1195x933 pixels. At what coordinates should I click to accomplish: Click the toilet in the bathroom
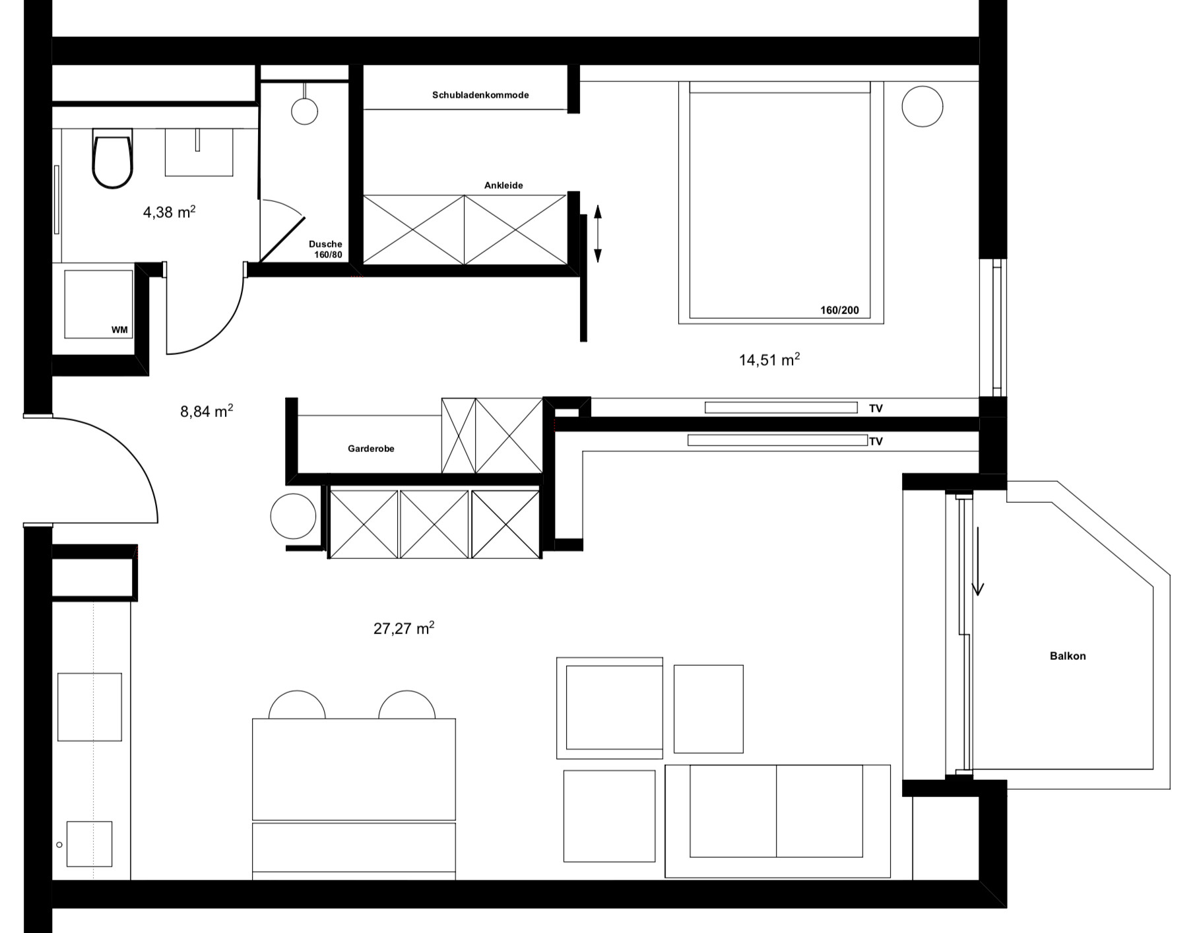(x=112, y=158)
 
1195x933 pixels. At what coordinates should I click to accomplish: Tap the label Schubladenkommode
(x=480, y=95)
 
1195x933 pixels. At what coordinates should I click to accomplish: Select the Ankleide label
(x=503, y=185)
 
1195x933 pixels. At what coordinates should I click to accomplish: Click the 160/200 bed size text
(x=839, y=310)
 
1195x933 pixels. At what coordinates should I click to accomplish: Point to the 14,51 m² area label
(x=769, y=360)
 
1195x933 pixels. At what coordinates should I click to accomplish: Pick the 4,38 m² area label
(x=169, y=212)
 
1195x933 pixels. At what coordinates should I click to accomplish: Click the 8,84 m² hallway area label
(x=207, y=411)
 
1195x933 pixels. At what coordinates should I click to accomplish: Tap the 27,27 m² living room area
(x=404, y=628)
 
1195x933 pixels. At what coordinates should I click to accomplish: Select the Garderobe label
(x=371, y=449)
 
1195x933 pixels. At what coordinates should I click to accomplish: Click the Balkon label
(x=1068, y=656)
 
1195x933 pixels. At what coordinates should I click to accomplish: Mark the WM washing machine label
(x=119, y=330)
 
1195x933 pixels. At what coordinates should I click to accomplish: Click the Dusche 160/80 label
(x=326, y=249)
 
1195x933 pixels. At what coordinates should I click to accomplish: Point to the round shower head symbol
(x=305, y=111)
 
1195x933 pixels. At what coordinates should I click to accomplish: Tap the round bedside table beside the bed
(x=922, y=106)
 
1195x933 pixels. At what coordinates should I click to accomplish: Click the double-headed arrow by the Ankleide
(x=598, y=234)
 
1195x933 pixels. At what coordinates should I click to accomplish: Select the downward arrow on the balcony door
(x=978, y=561)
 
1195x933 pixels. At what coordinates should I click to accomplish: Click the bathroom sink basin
(x=199, y=152)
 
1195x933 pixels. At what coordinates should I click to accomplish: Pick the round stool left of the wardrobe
(x=293, y=516)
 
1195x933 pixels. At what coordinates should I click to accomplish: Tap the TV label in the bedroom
(x=876, y=408)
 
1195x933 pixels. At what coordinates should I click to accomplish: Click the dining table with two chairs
(x=354, y=769)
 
